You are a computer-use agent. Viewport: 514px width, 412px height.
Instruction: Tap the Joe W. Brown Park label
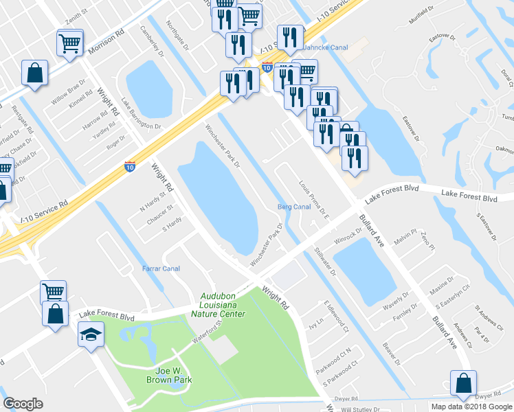click(x=168, y=374)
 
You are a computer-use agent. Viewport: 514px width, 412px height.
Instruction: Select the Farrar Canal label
click(x=161, y=268)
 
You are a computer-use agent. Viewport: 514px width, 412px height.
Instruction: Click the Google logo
click(x=23, y=404)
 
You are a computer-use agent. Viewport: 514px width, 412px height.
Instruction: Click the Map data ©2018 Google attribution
click(x=471, y=407)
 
